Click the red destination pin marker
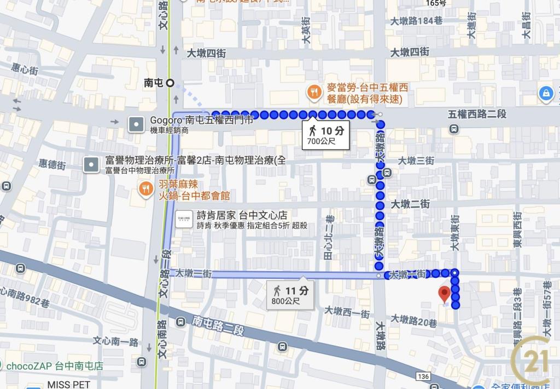[x=444, y=294]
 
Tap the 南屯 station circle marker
[x=170, y=83]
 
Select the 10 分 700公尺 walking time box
[x=326, y=135]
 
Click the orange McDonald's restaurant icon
[x=314, y=92]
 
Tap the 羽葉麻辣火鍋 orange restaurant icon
[x=145, y=190]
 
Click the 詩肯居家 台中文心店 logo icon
[x=184, y=219]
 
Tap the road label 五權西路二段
[x=477, y=115]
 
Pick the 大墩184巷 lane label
[x=417, y=21]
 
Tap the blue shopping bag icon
[x=545, y=93]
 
